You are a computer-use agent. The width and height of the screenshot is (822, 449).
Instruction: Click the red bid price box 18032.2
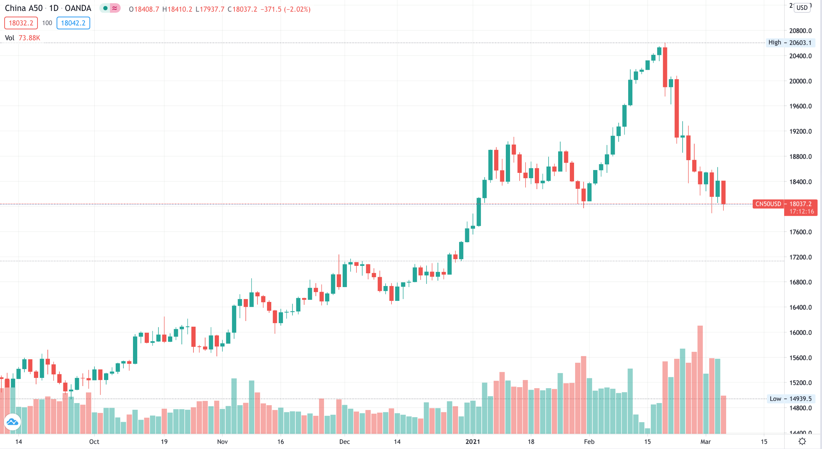pyautogui.click(x=21, y=23)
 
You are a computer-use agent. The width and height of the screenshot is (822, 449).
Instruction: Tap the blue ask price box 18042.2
pyautogui.click(x=73, y=23)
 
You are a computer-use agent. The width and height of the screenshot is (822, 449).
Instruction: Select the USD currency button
pyautogui.click(x=802, y=7)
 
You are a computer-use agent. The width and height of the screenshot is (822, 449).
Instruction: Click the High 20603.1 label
pyautogui.click(x=790, y=43)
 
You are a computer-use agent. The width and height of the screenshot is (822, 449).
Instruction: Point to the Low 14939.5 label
pyautogui.click(x=791, y=399)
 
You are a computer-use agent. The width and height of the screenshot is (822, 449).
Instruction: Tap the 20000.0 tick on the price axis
pyautogui.click(x=800, y=81)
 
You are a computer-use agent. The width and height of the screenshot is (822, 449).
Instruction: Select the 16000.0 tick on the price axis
pyautogui.click(x=800, y=332)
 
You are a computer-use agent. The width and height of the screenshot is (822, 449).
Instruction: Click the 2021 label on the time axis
pyautogui.click(x=473, y=442)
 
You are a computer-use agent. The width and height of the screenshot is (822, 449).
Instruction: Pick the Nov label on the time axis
pyautogui.click(x=222, y=442)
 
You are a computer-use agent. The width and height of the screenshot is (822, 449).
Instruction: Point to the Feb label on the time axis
pyautogui.click(x=589, y=442)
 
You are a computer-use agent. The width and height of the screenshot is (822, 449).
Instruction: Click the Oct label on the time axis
pyautogui.click(x=94, y=442)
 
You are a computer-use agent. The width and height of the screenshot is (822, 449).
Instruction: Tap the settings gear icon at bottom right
pyautogui.click(x=802, y=441)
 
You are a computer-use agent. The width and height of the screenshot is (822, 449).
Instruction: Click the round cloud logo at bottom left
pyautogui.click(x=12, y=422)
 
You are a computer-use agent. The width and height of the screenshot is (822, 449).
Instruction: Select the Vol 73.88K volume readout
pyautogui.click(x=23, y=38)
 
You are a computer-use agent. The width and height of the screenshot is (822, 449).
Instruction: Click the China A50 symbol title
pyautogui.click(x=24, y=8)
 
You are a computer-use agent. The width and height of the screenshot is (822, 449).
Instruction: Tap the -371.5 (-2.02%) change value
pyautogui.click(x=285, y=9)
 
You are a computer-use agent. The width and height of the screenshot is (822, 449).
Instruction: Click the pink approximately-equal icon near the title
pyautogui.click(x=115, y=8)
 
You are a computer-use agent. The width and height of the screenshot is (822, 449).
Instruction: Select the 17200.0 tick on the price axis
pyautogui.click(x=800, y=257)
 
